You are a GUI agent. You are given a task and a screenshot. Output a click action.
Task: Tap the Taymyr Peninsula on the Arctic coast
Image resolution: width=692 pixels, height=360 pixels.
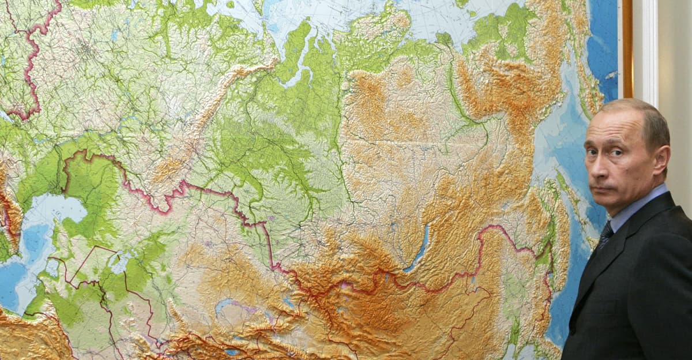pyautogui.click(x=375, y=29)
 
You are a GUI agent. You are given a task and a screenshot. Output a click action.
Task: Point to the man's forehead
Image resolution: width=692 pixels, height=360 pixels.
pyautogui.click(x=611, y=127)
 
